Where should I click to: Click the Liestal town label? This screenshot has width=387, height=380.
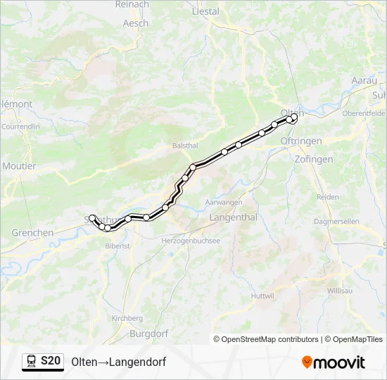205,11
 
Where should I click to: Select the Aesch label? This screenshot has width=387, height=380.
135,23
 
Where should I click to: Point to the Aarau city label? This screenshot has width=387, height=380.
364,81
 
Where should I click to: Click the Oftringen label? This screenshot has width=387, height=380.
300,141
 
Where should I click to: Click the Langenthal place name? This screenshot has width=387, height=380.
233,217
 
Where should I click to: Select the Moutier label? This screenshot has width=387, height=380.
19,166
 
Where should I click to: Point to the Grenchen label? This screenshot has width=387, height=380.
32,233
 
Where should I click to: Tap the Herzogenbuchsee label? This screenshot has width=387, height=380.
191,241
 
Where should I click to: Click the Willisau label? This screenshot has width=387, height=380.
342,291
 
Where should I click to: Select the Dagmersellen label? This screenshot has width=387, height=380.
337,221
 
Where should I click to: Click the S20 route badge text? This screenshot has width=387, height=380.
50,361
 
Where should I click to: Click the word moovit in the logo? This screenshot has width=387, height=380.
340,362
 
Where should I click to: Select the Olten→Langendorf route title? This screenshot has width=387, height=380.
118,362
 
